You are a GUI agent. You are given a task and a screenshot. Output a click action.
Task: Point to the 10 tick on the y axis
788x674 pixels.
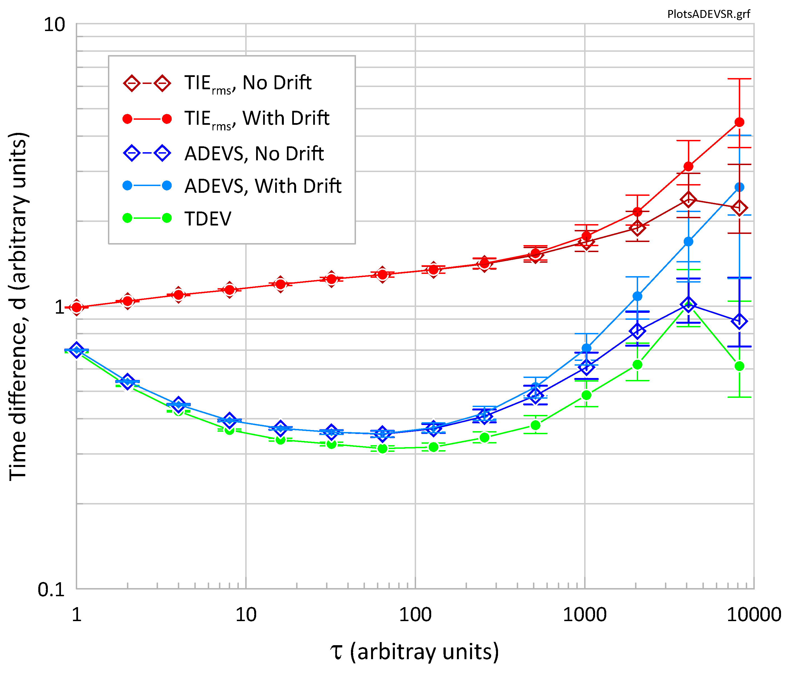click(54, 25)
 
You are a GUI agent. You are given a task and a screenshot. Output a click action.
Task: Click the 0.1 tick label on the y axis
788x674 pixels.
click(51, 590)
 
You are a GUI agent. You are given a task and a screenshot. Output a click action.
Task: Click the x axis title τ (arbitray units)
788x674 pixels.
click(414, 652)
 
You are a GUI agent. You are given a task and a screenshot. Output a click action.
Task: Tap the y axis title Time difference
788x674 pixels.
click(18, 306)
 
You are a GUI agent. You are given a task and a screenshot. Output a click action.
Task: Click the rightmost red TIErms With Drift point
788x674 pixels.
click(739, 122)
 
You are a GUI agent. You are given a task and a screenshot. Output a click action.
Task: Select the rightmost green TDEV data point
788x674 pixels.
click(739, 366)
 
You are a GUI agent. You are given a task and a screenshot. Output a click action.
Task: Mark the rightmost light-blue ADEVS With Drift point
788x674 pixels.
click(739, 187)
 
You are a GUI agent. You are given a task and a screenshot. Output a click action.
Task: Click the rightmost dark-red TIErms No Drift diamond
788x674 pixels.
click(739, 208)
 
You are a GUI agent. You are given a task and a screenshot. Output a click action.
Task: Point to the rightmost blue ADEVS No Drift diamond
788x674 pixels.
click(739, 321)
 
